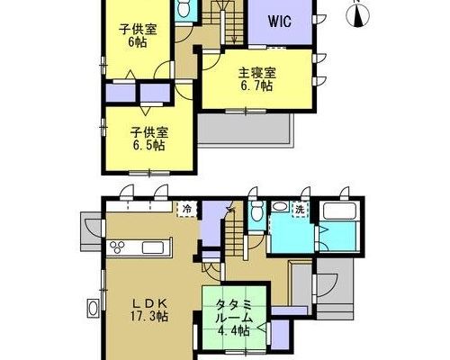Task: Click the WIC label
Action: tap(280, 22)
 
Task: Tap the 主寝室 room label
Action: tap(257, 73)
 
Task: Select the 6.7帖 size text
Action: tap(256, 86)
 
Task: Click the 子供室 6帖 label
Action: tap(138, 36)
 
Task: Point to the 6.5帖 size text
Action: tap(148, 146)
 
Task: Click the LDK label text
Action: tap(149, 303)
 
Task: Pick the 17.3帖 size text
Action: tap(149, 316)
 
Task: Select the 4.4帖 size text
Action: tap(233, 331)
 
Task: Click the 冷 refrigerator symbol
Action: tap(187, 209)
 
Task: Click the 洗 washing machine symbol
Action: tap(300, 210)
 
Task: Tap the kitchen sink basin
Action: tap(153, 247)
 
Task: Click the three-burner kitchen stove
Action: tap(117, 247)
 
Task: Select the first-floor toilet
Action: tap(257, 212)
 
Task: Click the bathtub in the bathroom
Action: tap(340, 211)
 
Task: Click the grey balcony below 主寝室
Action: tap(247, 130)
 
